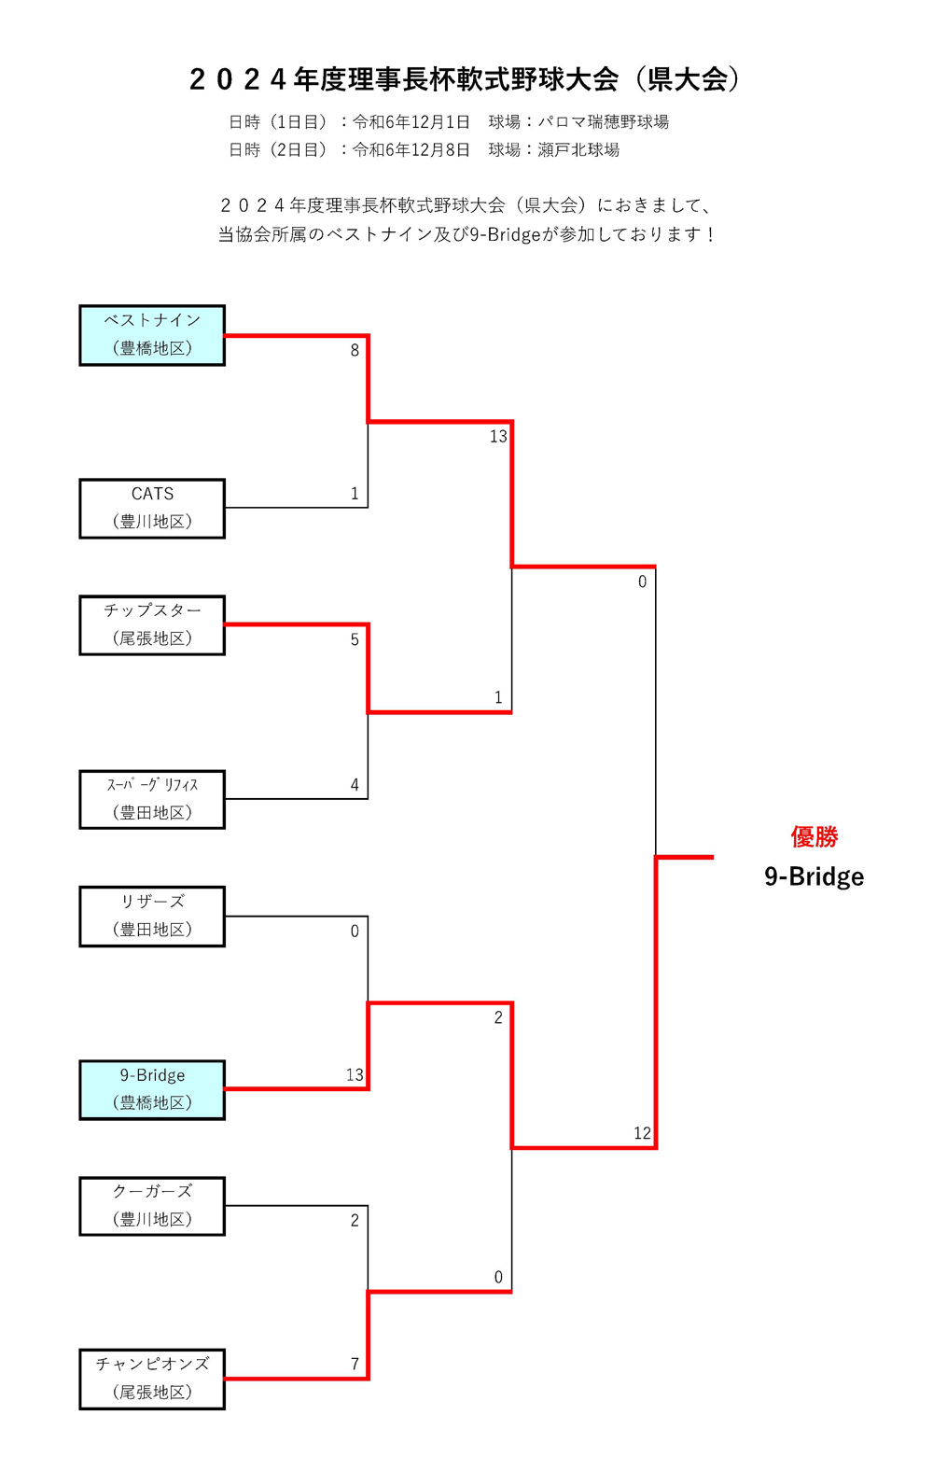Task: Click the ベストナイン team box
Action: (x=152, y=335)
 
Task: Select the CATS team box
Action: (x=152, y=509)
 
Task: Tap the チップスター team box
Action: (x=152, y=625)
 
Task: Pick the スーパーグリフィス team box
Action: (x=152, y=799)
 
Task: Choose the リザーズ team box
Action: (x=152, y=917)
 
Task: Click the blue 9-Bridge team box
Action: (x=152, y=1089)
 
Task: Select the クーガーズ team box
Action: (x=152, y=1206)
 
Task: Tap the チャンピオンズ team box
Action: (x=152, y=1379)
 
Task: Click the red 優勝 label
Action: (x=814, y=837)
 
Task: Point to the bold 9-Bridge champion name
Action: (x=814, y=876)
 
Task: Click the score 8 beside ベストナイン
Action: (x=355, y=351)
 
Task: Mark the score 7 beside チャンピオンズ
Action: (x=355, y=1364)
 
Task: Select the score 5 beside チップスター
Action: (x=355, y=640)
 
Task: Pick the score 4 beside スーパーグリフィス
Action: (x=355, y=785)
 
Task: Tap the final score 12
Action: (x=642, y=1133)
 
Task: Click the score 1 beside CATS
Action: (x=355, y=494)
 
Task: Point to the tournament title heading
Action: (x=466, y=80)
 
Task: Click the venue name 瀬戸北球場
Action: (x=578, y=150)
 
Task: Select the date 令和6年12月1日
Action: (x=411, y=122)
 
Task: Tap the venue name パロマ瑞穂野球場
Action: (x=604, y=122)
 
